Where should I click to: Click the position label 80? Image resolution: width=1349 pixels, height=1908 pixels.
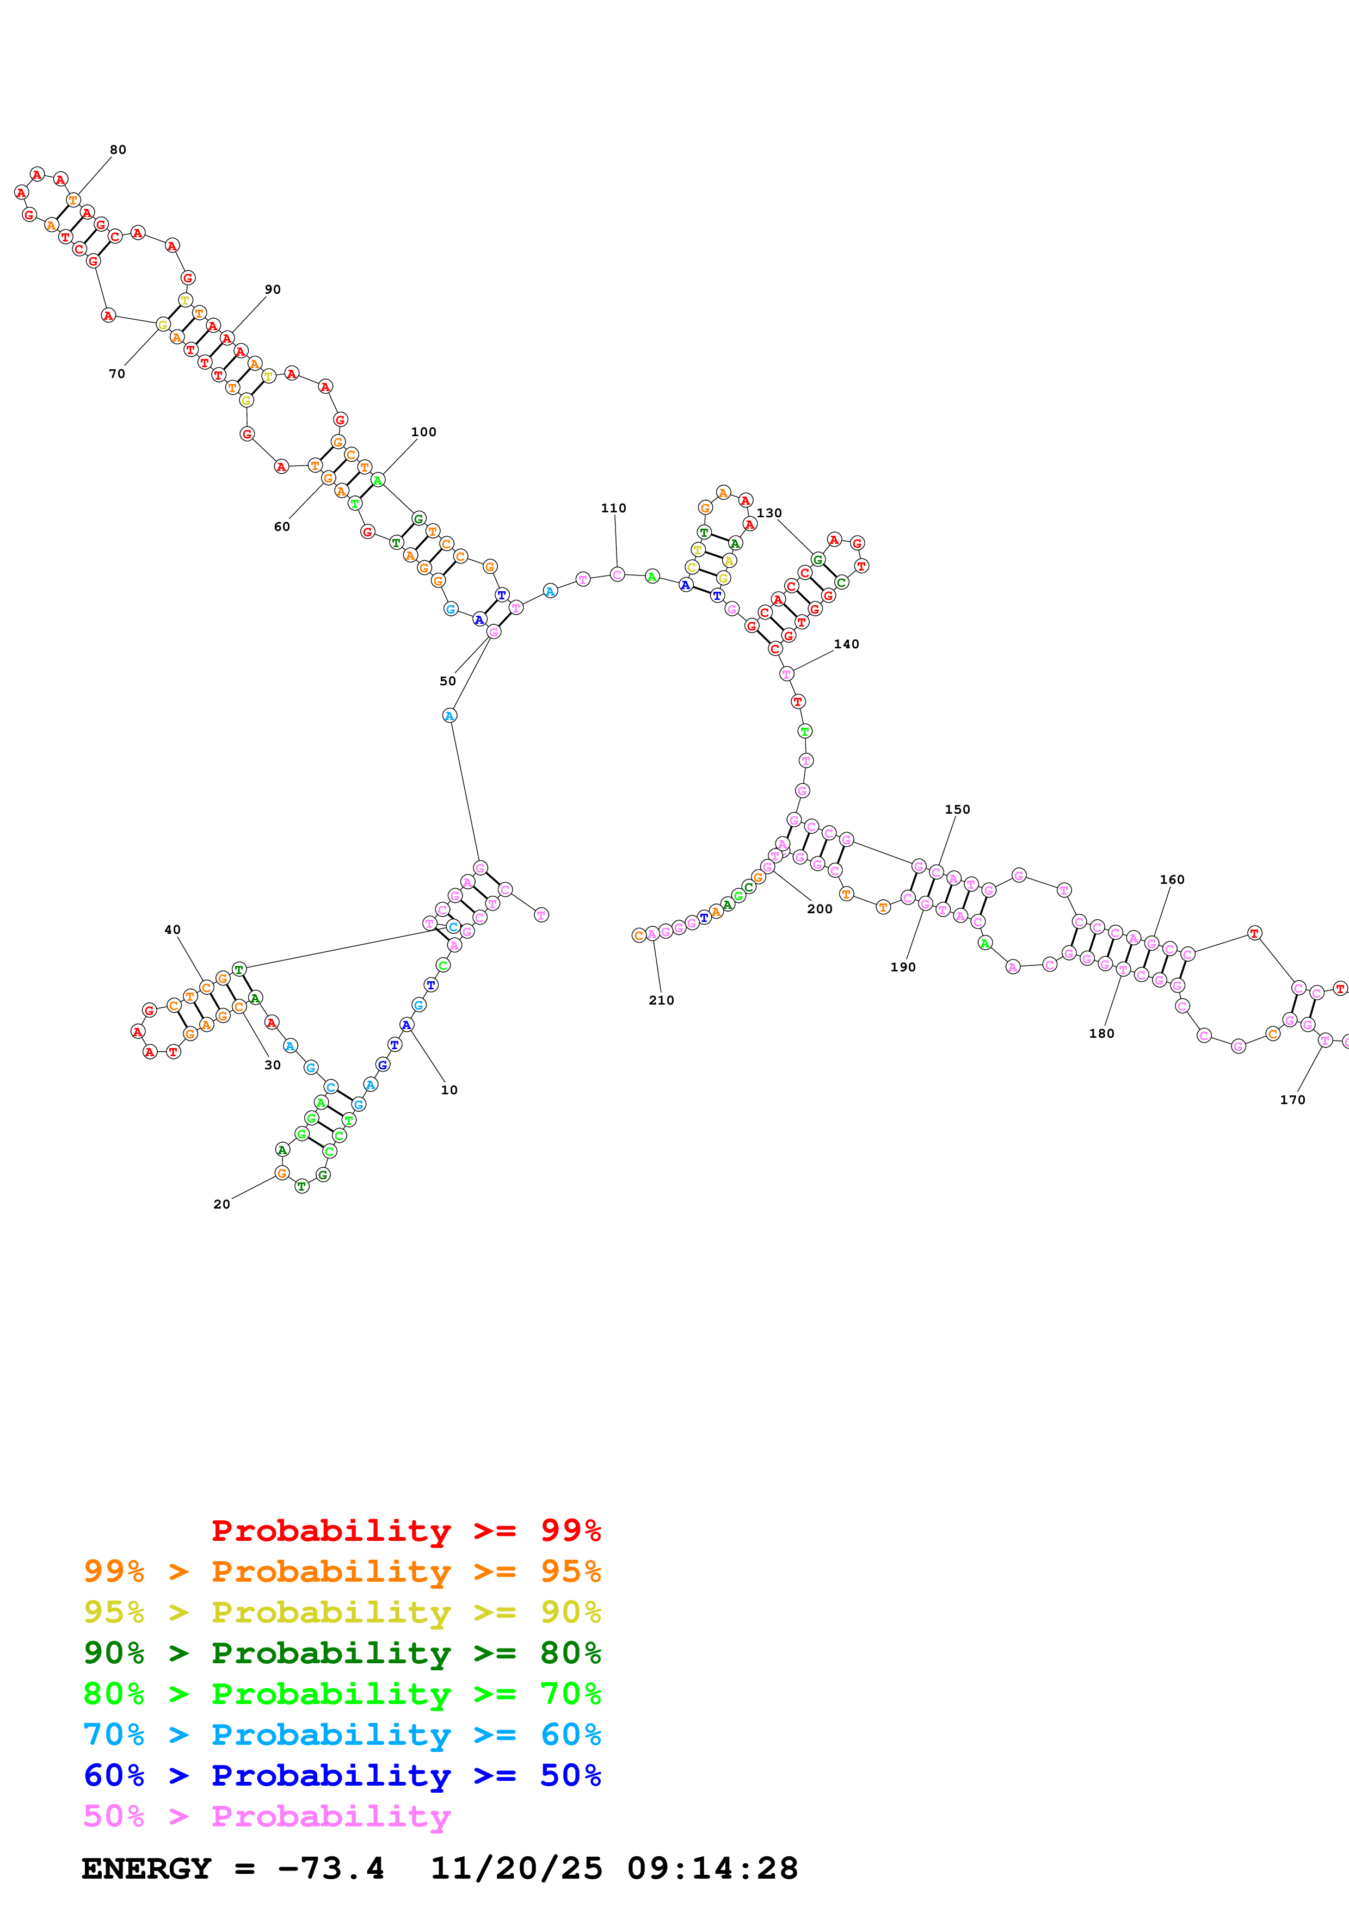pos(118,150)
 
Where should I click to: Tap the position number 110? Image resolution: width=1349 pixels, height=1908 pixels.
pos(613,508)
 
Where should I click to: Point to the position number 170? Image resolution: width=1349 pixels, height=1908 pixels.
pos(1292,1099)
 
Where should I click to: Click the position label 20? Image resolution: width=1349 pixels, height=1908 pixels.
pos(221,1204)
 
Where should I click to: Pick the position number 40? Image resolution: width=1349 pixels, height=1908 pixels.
pos(172,930)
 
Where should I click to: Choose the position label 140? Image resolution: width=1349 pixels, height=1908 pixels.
pos(846,644)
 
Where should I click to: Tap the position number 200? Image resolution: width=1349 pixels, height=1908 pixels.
pos(820,909)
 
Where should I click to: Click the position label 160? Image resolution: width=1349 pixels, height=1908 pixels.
pos(1172,879)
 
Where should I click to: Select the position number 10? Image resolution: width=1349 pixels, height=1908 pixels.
pos(449,1089)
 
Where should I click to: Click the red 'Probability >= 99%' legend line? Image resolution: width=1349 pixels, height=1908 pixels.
pos(405,1530)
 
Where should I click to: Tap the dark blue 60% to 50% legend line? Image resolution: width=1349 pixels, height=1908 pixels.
pos(342,1775)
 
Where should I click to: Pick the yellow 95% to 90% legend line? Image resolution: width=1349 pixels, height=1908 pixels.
pos(342,1612)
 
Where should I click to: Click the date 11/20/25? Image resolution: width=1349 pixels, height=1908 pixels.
pos(516,1868)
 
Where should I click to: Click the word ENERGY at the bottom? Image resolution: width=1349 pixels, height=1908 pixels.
pos(146,1868)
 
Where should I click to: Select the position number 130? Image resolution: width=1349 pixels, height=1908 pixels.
pos(769,513)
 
